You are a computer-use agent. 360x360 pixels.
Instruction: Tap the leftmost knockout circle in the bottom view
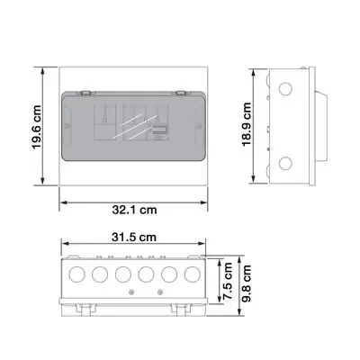click(77, 271)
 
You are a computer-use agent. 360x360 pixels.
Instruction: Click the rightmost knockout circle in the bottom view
click(191, 271)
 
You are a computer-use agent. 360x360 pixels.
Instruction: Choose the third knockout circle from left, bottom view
click(122, 271)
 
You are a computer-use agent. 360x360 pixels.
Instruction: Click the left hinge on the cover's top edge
click(87, 92)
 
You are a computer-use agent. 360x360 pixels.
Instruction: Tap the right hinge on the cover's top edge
click(180, 92)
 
